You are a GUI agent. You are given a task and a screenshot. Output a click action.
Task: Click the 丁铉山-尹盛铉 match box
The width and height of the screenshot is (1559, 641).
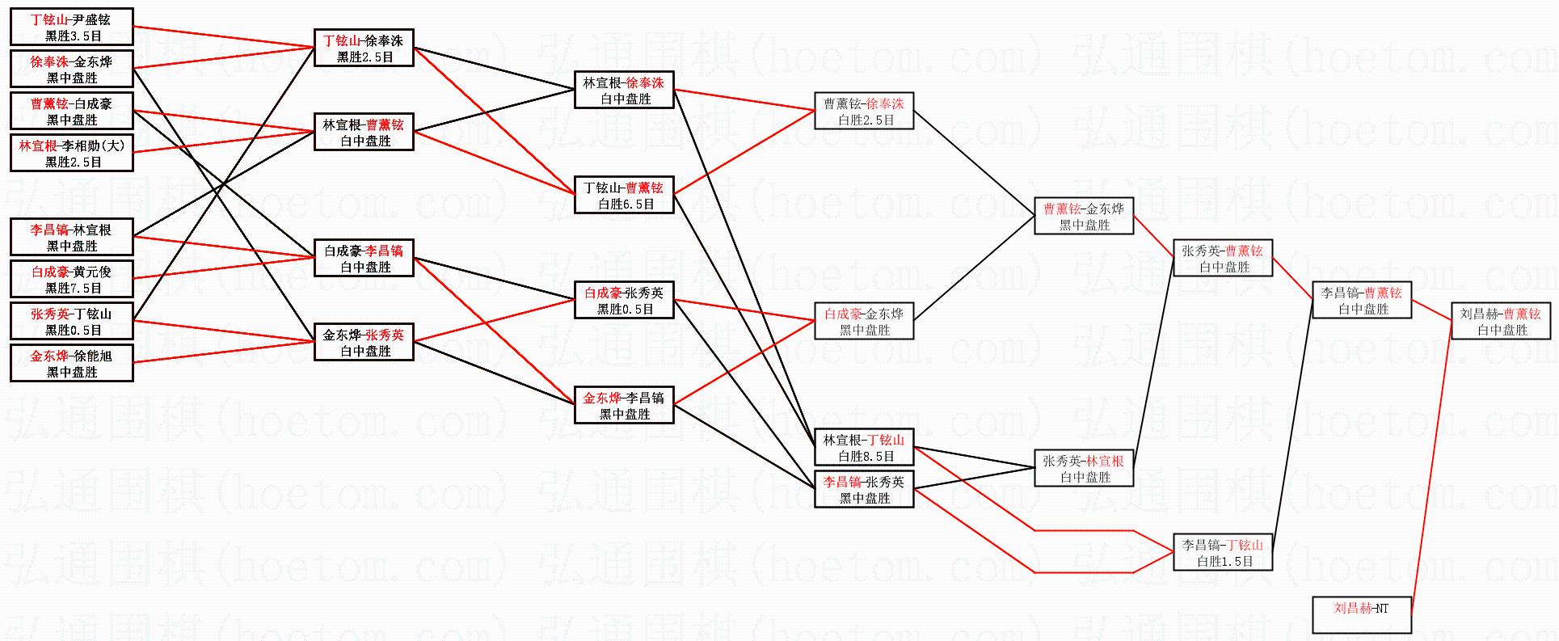point(72,27)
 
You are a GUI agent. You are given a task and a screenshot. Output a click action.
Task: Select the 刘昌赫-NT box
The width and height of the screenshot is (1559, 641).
point(1361,614)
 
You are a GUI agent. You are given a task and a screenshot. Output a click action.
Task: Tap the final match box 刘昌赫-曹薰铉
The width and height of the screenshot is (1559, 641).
point(1502,321)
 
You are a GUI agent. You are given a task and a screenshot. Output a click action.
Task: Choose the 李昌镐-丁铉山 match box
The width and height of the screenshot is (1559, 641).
point(1223,553)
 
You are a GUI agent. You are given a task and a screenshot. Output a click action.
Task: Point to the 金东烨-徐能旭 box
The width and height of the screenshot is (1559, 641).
point(72,363)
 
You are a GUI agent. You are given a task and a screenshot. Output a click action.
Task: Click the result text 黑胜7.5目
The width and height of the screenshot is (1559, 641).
point(73,289)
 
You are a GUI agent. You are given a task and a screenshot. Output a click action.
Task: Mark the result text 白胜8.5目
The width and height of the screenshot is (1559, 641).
point(865,457)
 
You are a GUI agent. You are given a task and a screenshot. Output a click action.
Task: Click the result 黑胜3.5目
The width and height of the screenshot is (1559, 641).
point(73,36)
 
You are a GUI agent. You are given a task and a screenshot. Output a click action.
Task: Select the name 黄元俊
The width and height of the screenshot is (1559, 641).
point(91,272)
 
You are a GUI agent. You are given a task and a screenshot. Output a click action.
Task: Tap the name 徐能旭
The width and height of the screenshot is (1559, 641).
point(91,356)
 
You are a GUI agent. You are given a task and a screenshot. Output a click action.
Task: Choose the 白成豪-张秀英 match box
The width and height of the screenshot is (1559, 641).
point(624,300)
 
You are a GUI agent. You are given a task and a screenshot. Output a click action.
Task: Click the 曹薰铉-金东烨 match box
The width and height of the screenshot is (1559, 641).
point(1084,216)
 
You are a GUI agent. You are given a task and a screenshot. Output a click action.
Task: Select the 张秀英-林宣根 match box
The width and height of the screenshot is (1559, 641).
point(1084,468)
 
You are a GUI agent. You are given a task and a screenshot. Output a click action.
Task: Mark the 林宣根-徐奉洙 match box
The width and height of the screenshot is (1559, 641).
point(624,90)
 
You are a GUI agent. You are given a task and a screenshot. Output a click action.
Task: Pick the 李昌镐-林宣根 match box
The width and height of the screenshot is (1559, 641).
point(72,237)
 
